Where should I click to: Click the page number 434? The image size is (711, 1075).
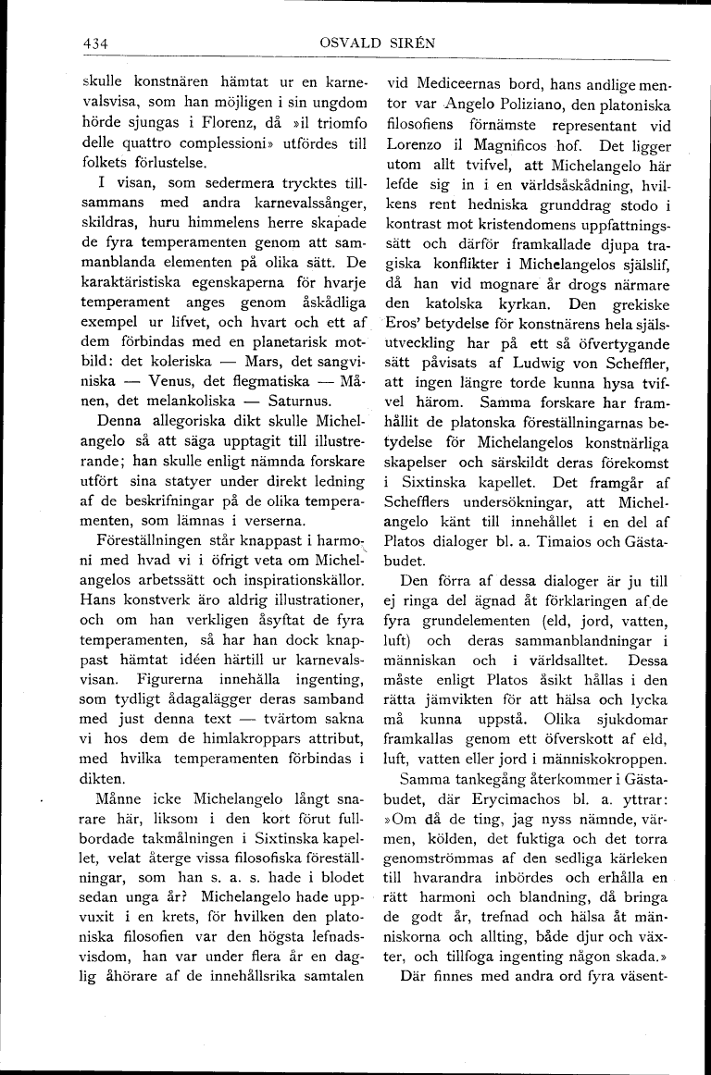(x=95, y=43)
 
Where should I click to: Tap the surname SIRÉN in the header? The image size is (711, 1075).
(x=409, y=43)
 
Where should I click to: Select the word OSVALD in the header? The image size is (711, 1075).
(x=347, y=43)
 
